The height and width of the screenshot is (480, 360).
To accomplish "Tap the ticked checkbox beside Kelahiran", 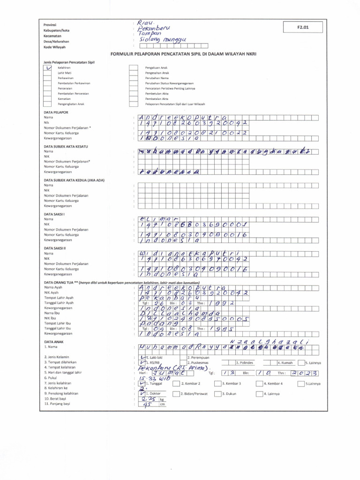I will [48, 67].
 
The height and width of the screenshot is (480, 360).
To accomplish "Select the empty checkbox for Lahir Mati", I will [48, 73].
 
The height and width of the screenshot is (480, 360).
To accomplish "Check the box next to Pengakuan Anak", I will [133, 68].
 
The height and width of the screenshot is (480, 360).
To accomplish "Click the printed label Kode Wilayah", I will [54, 47].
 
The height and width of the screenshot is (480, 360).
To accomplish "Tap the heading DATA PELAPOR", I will [56, 112].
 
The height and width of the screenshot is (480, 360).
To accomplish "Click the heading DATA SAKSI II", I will [55, 248].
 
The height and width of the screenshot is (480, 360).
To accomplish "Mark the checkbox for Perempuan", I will [184, 357].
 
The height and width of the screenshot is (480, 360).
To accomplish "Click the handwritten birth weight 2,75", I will [148, 398].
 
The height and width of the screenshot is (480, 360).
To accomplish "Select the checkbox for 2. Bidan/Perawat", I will [177, 393].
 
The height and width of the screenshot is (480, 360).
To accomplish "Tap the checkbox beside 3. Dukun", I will [218, 393].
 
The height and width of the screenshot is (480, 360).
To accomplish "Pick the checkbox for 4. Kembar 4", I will [259, 383].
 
